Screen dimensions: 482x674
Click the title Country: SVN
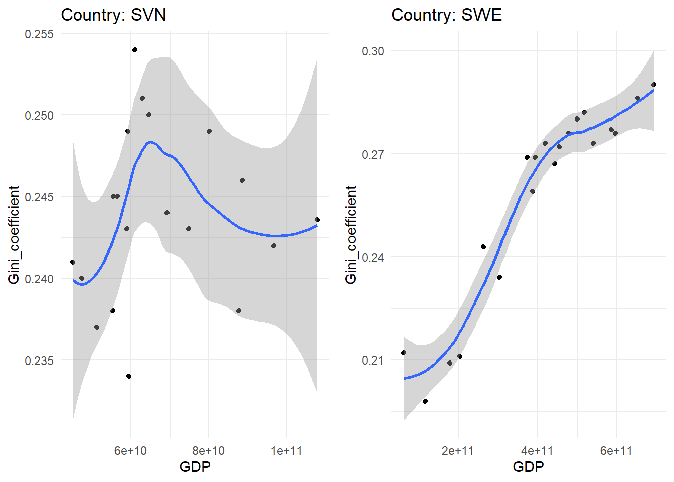point(113,15)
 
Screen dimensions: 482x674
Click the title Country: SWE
point(446,15)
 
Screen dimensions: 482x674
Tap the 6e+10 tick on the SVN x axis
point(130,451)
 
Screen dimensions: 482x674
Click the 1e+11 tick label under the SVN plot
point(286,451)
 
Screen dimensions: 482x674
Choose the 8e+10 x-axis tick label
point(209,451)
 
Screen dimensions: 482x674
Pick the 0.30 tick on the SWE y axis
point(373,51)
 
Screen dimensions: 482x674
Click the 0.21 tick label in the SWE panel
point(373,360)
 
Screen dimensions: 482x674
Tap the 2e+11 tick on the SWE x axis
point(458,451)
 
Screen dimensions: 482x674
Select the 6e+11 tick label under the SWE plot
point(616,451)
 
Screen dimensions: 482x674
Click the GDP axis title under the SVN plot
point(195,467)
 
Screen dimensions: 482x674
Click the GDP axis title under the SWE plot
point(528,467)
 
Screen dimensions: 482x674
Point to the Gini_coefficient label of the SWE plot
point(351,234)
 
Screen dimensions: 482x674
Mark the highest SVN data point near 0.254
point(135,50)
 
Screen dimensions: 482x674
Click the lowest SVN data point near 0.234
point(129,376)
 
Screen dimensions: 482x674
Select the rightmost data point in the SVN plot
point(317,220)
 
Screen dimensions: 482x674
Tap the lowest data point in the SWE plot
point(425,401)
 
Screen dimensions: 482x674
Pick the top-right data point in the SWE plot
point(654,85)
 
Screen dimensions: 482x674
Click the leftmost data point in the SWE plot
point(404,353)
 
